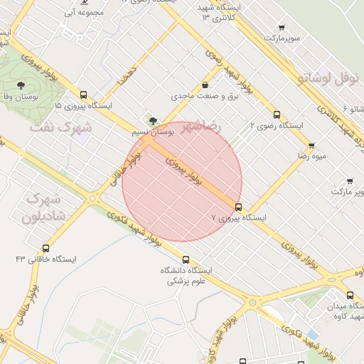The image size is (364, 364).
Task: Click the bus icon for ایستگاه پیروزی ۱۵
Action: pos(84,95)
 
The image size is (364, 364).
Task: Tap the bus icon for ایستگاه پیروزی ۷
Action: pos(238,208)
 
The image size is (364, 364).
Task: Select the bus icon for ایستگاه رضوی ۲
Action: pos(277,114)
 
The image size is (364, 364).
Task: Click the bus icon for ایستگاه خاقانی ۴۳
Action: pos(46,249)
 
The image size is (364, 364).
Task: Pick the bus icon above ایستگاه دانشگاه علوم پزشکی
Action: pos(186,259)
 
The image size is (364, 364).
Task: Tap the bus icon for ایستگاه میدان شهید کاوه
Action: pos(349,296)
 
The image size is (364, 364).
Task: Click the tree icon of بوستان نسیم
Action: pos(153,120)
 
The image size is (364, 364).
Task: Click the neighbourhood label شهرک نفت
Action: pos(62,128)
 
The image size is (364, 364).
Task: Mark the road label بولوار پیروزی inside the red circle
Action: pos(185,172)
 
